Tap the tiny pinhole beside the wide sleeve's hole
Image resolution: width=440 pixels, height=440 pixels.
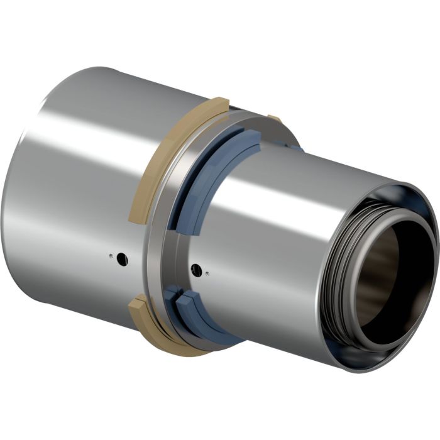tap(111, 256)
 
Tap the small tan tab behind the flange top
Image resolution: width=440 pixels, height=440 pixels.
tap(274, 118)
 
